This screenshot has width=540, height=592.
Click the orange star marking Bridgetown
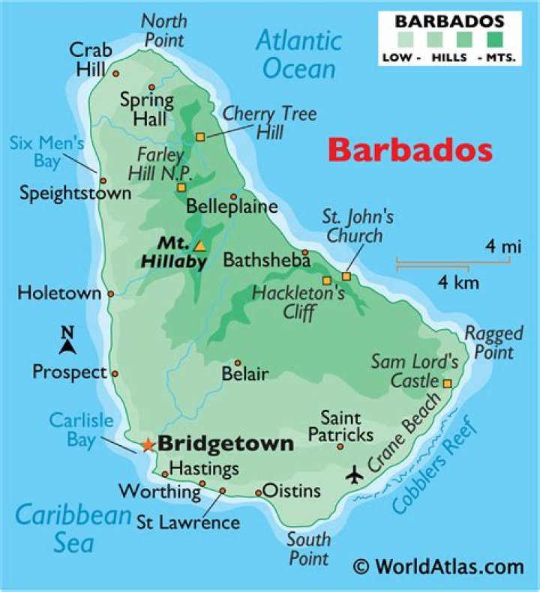tap(148, 445)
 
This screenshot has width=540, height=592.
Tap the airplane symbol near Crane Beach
tap(355, 475)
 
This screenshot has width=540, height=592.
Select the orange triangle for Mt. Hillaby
tap(199, 246)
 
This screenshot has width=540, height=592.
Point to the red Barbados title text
tap(410, 150)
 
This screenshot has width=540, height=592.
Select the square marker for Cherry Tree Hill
tap(200, 136)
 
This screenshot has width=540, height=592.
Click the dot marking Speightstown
tap(103, 181)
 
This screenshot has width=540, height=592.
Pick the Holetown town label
tap(58, 293)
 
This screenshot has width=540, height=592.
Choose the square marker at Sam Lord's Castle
tap(447, 384)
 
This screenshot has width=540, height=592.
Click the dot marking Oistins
tap(259, 492)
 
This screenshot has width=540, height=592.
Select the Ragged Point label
tap(490, 342)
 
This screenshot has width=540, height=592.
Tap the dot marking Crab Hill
tap(115, 73)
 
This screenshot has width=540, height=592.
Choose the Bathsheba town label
tap(267, 260)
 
